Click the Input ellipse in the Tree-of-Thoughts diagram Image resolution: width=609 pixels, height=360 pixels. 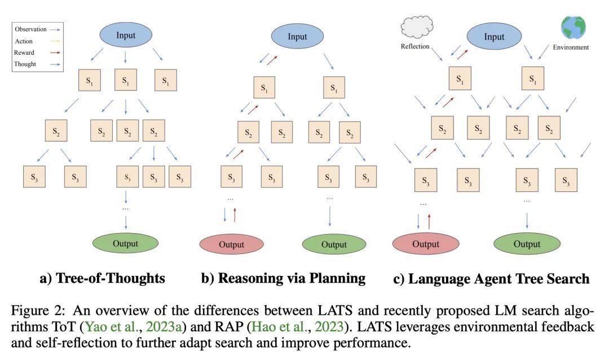pyautogui.click(x=125, y=34)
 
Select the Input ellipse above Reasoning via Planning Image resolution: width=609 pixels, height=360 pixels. pyautogui.click(x=297, y=37)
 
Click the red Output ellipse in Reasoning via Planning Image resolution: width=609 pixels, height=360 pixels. pyautogui.click(x=231, y=244)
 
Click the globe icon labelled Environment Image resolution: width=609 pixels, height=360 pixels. pyautogui.click(x=573, y=27)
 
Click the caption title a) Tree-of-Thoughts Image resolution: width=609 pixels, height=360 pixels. pyautogui.click(x=103, y=278)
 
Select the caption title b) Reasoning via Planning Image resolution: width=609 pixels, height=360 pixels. pyautogui.click(x=284, y=278)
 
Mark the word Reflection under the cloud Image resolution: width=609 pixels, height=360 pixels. pyautogui.click(x=415, y=46)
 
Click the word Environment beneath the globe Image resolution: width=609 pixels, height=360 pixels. pyautogui.click(x=570, y=47)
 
